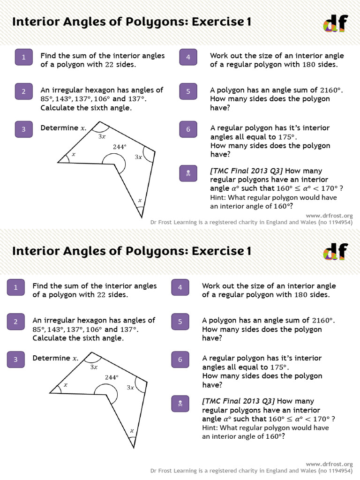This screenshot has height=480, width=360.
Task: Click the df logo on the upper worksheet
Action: pyautogui.click(x=335, y=22)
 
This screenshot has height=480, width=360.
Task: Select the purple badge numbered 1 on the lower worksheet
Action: pyautogui.click(x=15, y=287)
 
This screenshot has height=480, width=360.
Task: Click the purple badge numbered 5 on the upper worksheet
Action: pyautogui.click(x=188, y=91)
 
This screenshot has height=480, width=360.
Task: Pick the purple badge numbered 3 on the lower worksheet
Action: pyautogui.click(x=15, y=360)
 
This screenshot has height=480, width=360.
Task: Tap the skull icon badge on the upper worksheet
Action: pyautogui.click(x=188, y=174)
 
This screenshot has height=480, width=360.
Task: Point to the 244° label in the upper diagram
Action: pyautogui.click(x=120, y=147)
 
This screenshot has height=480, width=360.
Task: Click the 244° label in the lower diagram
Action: pyautogui.click(x=112, y=377)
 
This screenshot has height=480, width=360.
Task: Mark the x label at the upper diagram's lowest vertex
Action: pyautogui.click(x=139, y=201)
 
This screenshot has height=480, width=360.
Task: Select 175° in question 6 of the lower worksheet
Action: pyautogui.click(x=279, y=367)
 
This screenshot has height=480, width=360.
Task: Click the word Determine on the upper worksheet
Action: pyautogui.click(x=60, y=128)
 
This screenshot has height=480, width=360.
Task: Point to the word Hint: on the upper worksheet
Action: pyautogui.click(x=220, y=197)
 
